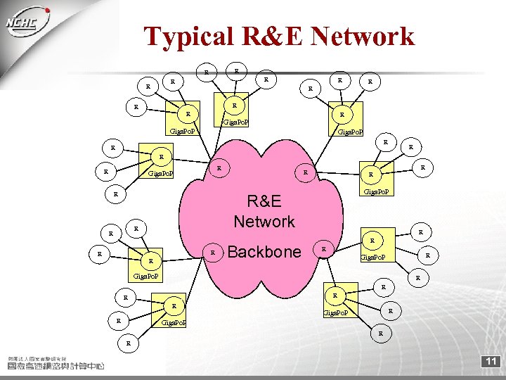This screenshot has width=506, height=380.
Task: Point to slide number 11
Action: (490, 362)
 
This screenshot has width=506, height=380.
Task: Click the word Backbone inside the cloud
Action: (264, 252)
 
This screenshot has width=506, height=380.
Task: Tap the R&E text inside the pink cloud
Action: (264, 202)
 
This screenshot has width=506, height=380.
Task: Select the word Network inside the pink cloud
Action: (264, 222)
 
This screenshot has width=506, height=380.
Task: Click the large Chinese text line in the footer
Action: (56, 366)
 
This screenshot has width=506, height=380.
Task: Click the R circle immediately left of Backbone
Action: (212, 252)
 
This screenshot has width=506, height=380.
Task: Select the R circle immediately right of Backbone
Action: (323, 248)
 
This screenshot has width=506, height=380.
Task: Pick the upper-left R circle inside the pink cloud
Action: (219, 168)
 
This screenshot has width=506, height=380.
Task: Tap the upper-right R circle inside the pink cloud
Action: (305, 172)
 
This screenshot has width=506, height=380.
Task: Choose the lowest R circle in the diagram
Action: (128, 344)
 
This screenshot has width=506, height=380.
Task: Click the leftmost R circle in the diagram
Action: (100, 254)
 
